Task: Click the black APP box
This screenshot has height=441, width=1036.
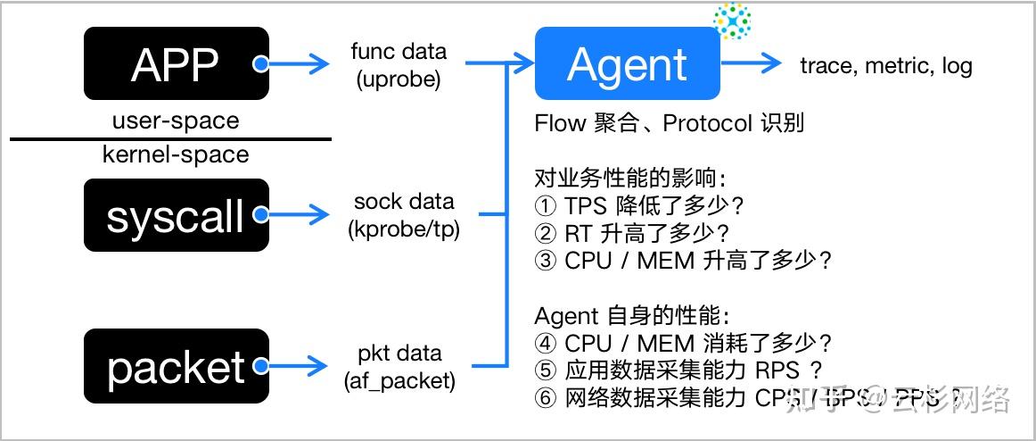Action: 176,63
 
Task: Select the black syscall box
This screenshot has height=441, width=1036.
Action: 176,215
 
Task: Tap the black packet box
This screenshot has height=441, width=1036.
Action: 176,366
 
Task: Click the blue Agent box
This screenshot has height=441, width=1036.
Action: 627,63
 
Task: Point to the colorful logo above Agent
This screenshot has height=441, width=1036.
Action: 732,21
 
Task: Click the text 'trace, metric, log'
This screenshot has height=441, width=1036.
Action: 885,65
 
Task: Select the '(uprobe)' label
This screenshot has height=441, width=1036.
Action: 399,79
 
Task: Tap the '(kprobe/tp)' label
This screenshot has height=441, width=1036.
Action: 403,229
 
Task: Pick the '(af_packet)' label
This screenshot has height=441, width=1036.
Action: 399,380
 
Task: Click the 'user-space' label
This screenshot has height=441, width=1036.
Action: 176,121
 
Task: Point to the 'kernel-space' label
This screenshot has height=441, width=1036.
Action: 176,154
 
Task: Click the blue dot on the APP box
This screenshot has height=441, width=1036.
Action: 260,64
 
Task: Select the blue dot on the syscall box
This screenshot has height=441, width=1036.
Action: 260,214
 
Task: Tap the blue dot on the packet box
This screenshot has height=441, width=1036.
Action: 260,365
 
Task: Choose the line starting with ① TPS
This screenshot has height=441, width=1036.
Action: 639,206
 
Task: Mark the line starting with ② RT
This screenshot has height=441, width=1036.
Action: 632,233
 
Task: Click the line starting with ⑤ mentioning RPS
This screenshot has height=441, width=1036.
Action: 678,369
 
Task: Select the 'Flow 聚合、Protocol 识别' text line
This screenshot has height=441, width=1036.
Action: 669,123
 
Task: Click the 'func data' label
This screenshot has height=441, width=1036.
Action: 399,51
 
